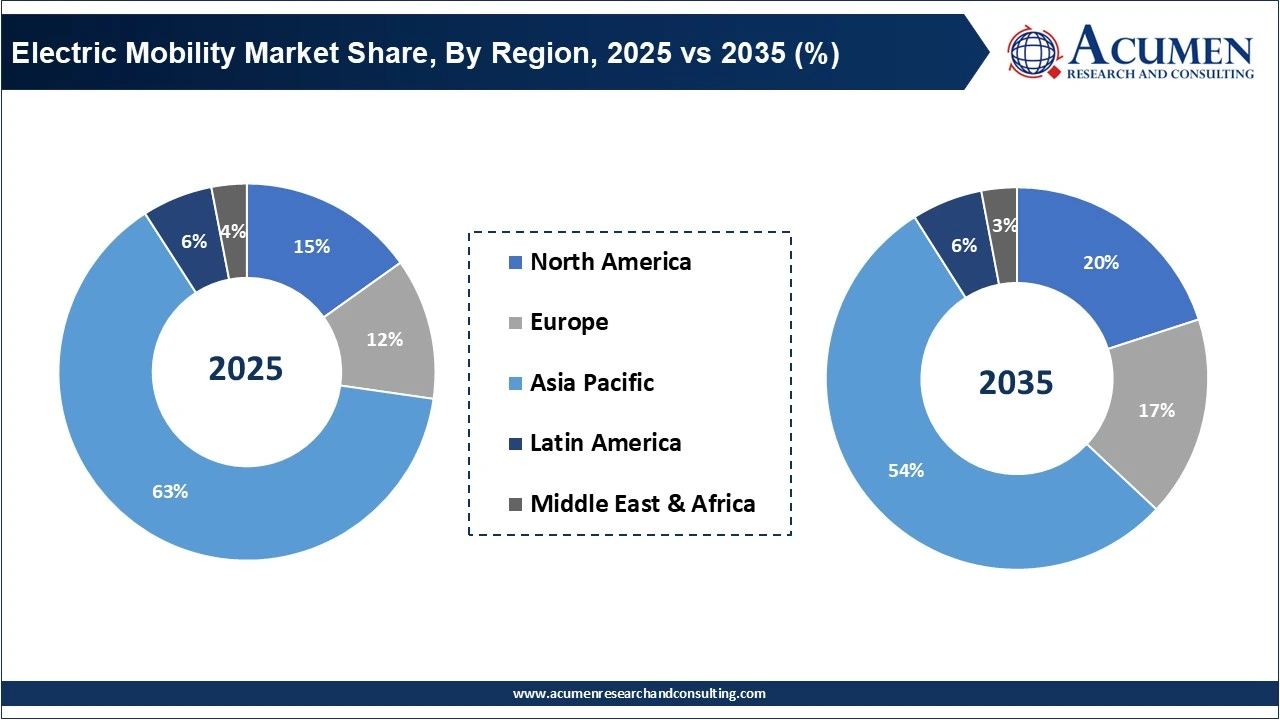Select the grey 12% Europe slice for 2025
385,338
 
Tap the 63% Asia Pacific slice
170,490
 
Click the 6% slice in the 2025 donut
193,241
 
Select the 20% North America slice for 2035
1100,262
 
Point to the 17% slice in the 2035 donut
1155,410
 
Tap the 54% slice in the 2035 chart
906,470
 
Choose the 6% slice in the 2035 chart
964,245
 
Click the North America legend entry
610,262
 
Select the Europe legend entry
568,322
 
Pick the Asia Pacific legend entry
591,382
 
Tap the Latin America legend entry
605,442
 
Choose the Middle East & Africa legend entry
642,503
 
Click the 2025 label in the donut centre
246,369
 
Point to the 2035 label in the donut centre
1016,382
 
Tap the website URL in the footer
639,693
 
